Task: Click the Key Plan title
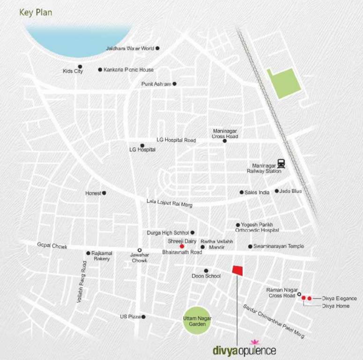click(36, 12)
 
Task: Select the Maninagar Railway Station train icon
click(281, 163)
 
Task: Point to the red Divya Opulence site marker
click(238, 270)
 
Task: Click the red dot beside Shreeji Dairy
click(182, 246)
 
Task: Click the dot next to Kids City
click(80, 67)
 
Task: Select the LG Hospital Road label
click(176, 140)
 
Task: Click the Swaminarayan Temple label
click(279, 246)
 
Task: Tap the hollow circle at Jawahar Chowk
click(139, 250)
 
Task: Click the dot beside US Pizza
click(143, 317)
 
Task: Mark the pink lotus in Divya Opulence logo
click(255, 342)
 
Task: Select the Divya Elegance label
click(339, 298)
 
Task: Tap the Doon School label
click(206, 276)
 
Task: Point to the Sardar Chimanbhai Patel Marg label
click(274, 322)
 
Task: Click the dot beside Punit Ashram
click(175, 84)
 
